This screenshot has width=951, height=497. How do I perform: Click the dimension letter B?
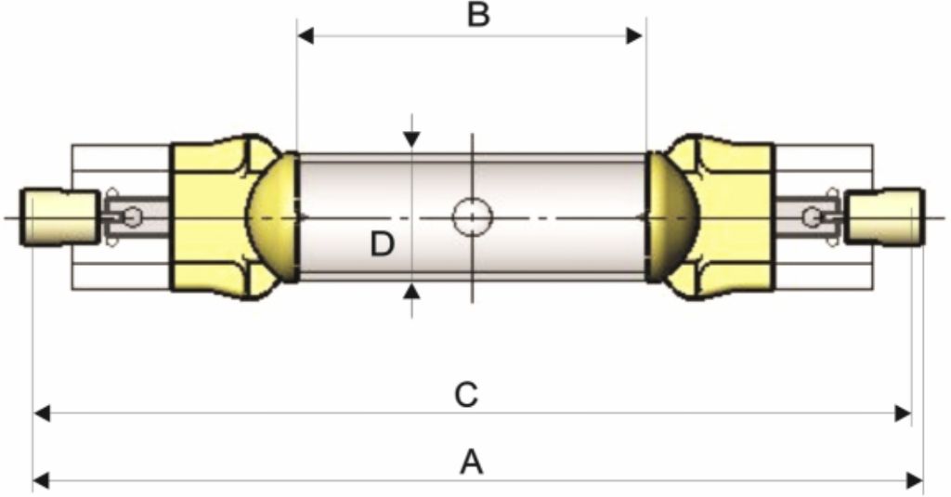click(x=478, y=15)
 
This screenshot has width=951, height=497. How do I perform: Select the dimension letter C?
click(x=466, y=395)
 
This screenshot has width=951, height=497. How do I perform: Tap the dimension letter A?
click(x=472, y=463)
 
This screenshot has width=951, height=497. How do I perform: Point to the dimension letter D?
click(x=382, y=244)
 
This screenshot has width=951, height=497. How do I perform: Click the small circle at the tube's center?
click(x=473, y=216)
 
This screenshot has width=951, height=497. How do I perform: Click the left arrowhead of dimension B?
click(x=305, y=36)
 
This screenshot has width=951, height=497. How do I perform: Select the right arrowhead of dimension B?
click(x=634, y=36)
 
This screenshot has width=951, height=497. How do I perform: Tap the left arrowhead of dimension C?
click(x=41, y=414)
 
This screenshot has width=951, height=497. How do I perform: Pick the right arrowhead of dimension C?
click(x=903, y=414)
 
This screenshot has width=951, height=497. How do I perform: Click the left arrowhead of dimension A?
click(x=41, y=482)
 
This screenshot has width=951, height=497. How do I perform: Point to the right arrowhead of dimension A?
click(x=915, y=482)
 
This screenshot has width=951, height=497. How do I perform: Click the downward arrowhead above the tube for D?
click(x=411, y=139)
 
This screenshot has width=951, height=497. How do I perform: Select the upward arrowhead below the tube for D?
click(x=411, y=293)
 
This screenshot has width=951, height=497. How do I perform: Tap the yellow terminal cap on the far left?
click(x=60, y=217)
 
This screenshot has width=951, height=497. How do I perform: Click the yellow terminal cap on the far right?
click(x=885, y=217)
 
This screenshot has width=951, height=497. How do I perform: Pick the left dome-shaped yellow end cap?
click(x=273, y=217)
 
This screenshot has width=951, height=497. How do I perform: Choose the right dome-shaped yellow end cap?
click(x=672, y=217)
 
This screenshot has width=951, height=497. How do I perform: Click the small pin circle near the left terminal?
click(x=132, y=216)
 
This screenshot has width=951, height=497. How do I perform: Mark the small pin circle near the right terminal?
click(x=812, y=216)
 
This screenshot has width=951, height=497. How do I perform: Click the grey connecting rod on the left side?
click(x=136, y=216)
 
